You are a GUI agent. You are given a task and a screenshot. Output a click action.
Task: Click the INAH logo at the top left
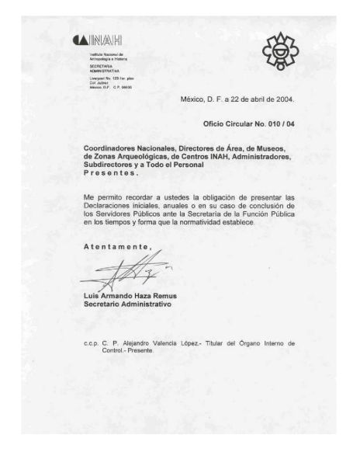98,40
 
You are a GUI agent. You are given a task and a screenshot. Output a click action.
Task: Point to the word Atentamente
116,246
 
